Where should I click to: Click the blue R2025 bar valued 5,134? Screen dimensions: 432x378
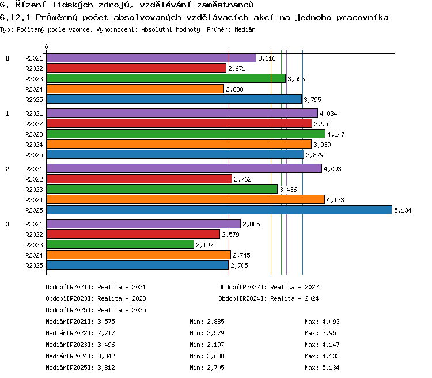coord(219,210)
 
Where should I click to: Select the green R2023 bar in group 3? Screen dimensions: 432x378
coord(120,244)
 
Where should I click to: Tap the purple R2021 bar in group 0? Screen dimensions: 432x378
coord(151,58)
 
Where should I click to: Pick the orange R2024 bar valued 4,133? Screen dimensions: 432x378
coord(185,199)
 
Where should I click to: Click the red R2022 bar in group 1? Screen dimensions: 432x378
coord(179,123)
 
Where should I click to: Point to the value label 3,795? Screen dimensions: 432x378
coord(312,100)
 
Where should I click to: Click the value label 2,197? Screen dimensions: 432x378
coord(204,245)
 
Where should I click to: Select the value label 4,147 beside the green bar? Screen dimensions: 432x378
coord(336,134)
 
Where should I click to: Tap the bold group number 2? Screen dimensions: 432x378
coord(7,169)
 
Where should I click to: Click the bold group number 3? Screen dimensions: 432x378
coord(7,224)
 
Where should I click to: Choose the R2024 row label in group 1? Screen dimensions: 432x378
coord(34,145)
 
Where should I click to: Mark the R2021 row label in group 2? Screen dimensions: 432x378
coord(34,169)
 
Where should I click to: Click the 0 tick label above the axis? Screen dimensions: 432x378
coord(46,47)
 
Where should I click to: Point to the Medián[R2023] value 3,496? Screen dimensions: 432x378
coord(106,345)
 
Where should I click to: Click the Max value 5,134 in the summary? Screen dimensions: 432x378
coord(331,368)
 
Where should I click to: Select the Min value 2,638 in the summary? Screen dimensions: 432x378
coord(215,356)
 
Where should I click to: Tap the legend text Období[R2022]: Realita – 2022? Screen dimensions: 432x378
coord(268,287)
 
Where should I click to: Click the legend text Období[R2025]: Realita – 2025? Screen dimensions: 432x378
coord(96,310)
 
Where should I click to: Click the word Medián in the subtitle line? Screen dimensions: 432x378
coord(245,29)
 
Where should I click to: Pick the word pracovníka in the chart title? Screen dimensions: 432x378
coord(362,18)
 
